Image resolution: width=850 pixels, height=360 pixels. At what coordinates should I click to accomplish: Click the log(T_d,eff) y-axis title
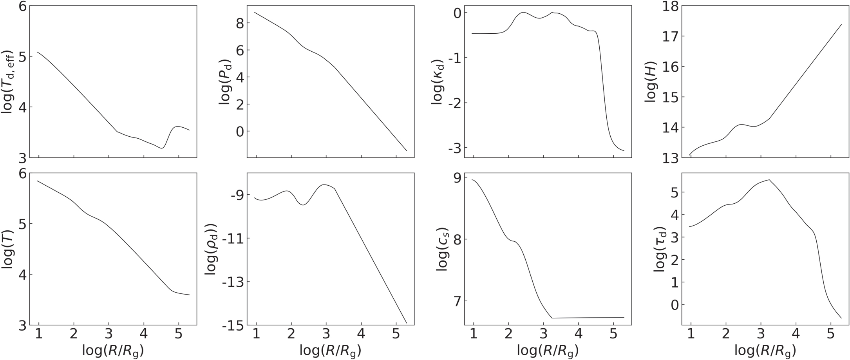click(9, 82)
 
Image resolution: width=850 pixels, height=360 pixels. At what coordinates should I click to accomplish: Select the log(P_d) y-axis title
click(226, 82)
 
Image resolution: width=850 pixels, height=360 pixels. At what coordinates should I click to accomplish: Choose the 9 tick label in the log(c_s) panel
click(456, 177)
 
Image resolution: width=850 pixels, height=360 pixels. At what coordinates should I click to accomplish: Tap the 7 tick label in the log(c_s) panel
click(456, 301)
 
